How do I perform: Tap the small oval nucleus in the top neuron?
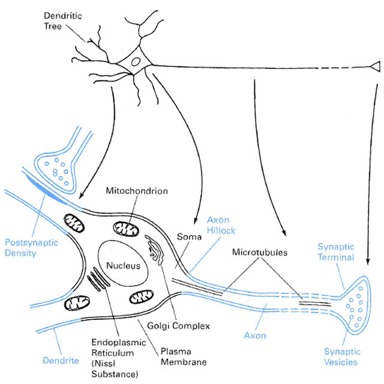[136, 61]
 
